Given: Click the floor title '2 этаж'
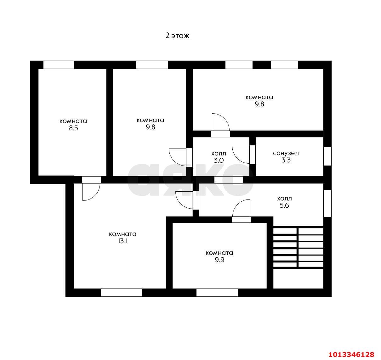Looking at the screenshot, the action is (x=177, y=36).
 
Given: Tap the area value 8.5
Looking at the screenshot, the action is (x=73, y=128).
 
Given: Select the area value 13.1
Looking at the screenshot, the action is (x=122, y=241).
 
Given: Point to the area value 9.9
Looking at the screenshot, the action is (x=219, y=260).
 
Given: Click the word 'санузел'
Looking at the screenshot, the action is (x=286, y=153).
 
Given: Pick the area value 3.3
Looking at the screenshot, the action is (x=286, y=160).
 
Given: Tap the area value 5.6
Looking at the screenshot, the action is (x=284, y=205).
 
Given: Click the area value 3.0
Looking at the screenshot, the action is (x=219, y=160).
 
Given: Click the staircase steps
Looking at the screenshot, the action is (x=298, y=248).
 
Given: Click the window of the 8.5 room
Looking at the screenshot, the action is (x=59, y=65).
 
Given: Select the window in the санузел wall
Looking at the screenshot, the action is (x=327, y=156).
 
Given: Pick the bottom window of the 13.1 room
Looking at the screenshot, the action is (x=122, y=293).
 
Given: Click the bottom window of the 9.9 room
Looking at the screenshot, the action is (x=217, y=293).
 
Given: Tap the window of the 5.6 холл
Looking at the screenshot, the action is (x=327, y=204).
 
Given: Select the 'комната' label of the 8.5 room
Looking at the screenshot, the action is (x=73, y=121).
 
